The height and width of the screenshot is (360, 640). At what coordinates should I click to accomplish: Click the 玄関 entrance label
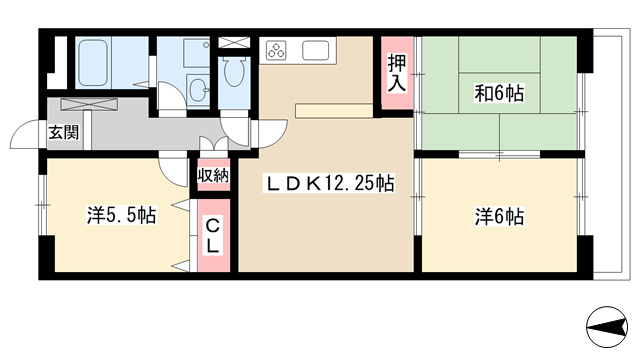(64, 132)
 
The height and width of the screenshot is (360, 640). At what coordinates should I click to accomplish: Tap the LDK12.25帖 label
(330, 183)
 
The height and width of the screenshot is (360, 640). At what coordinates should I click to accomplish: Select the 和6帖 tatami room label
(499, 93)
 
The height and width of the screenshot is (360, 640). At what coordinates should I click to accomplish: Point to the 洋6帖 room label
(499, 216)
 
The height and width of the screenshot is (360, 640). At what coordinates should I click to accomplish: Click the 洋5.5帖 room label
(121, 215)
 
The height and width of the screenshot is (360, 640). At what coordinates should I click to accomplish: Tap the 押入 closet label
(397, 73)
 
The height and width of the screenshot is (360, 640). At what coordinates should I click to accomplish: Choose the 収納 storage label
(213, 176)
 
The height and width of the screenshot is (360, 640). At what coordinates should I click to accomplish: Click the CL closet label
(212, 236)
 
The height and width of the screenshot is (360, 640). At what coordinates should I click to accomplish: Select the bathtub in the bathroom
(93, 63)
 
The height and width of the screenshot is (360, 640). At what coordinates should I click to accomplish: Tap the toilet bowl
(234, 72)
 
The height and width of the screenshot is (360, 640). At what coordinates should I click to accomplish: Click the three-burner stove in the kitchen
(276, 51)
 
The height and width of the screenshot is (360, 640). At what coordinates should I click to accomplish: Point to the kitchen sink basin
(315, 51)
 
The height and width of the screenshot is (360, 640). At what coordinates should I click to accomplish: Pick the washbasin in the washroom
(198, 89)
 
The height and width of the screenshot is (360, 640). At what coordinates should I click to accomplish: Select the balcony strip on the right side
(609, 154)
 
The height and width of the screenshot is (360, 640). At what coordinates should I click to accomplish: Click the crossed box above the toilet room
(234, 42)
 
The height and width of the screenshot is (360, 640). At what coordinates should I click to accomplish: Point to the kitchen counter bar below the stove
(334, 110)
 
